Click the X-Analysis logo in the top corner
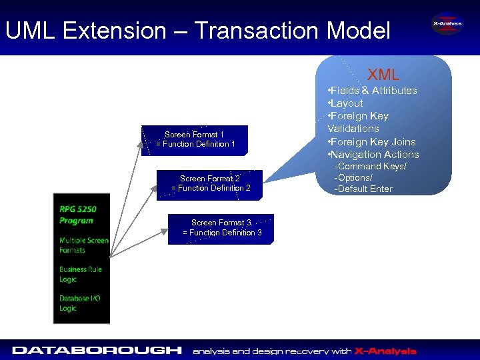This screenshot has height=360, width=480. [x=446, y=24]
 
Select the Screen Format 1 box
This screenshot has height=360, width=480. [x=195, y=139]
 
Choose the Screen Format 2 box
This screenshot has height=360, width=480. [x=211, y=183]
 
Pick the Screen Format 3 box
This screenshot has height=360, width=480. [x=221, y=228]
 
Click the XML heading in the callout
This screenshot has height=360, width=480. [x=383, y=75]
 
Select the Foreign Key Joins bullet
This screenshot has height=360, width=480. [x=371, y=142]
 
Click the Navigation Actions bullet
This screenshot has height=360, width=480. [x=373, y=155]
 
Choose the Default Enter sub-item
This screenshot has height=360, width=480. [x=363, y=189]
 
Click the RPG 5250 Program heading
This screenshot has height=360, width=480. [x=77, y=215]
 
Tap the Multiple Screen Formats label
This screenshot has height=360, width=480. [x=83, y=245]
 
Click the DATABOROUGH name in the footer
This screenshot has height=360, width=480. [x=97, y=350]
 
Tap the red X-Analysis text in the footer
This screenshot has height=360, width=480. [x=385, y=351]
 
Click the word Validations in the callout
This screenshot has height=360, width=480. [x=353, y=129]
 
